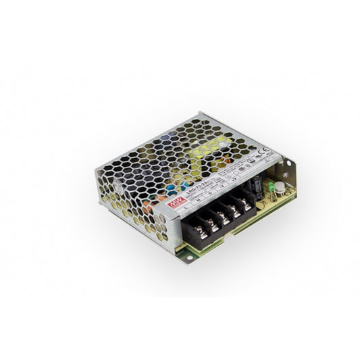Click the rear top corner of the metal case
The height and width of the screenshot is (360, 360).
tap(201, 114)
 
